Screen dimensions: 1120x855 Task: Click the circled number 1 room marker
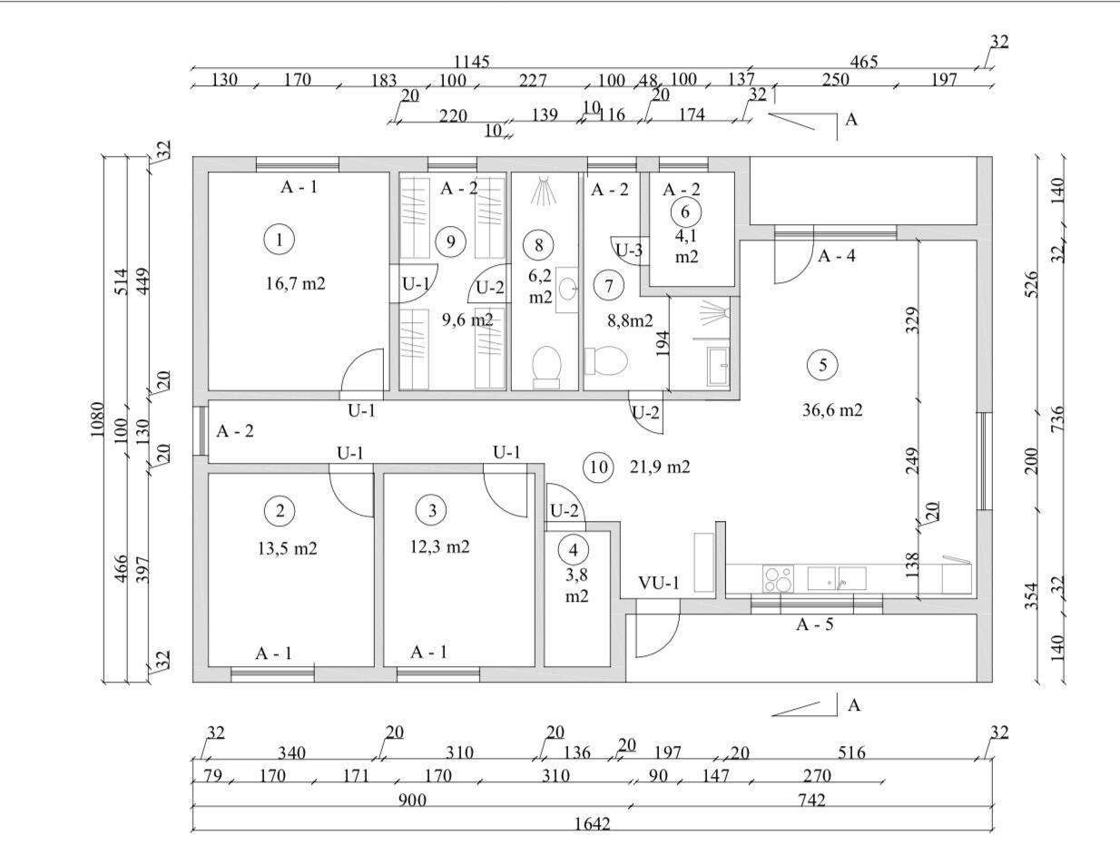(x=280, y=240)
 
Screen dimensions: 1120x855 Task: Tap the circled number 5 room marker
(x=822, y=365)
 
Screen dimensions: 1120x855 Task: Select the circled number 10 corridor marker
(x=598, y=467)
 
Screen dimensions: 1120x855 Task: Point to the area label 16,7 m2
(x=296, y=283)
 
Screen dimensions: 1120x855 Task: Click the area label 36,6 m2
(x=832, y=409)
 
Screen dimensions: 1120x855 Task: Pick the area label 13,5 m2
(x=288, y=548)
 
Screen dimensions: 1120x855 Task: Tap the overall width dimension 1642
(x=593, y=824)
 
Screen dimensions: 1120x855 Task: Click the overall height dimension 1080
(x=97, y=419)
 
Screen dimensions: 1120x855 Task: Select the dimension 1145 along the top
(x=472, y=62)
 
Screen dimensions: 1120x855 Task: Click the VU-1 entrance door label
(x=659, y=583)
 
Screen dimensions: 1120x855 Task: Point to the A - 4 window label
(x=836, y=256)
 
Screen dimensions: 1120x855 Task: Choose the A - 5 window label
(x=814, y=624)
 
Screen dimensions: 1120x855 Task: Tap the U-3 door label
(x=629, y=250)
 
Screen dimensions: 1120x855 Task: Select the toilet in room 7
(x=605, y=360)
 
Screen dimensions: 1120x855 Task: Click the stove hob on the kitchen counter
(x=778, y=579)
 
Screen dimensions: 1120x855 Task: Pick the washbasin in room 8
(x=567, y=290)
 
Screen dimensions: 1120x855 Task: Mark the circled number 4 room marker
(x=574, y=550)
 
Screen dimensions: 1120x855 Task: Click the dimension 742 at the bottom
(x=811, y=800)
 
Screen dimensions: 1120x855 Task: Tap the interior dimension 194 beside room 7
(x=663, y=344)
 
